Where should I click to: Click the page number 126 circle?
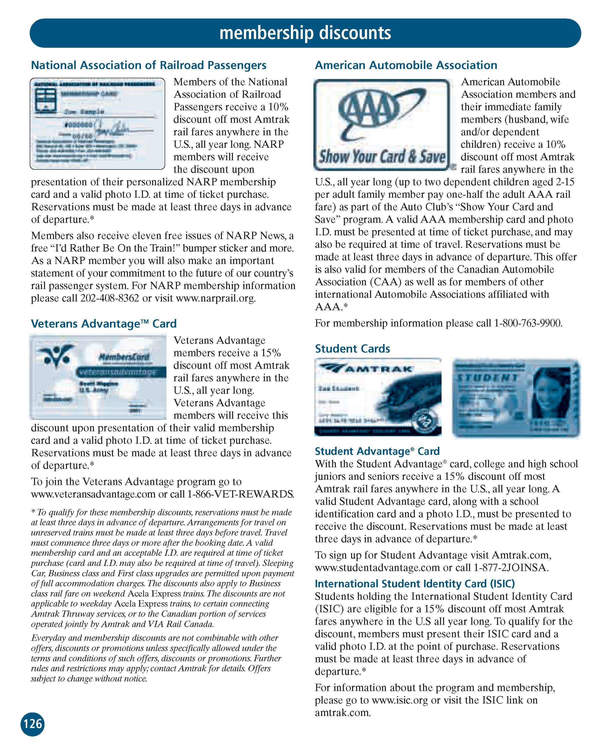pyautogui.click(x=33, y=724)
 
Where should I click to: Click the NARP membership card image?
pyautogui.click(x=97, y=123)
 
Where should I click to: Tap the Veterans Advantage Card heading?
pyautogui.click(x=104, y=323)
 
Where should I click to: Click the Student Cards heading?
pyautogui.click(x=352, y=348)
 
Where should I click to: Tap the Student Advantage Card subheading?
pyautogui.click(x=377, y=451)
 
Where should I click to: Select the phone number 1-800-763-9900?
pyautogui.click(x=528, y=323)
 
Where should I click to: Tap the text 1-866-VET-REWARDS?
pyautogui.click(x=241, y=494)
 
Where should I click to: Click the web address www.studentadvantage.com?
pyautogui.click(x=377, y=568)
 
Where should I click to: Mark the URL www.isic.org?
pyautogui.click(x=400, y=700)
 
